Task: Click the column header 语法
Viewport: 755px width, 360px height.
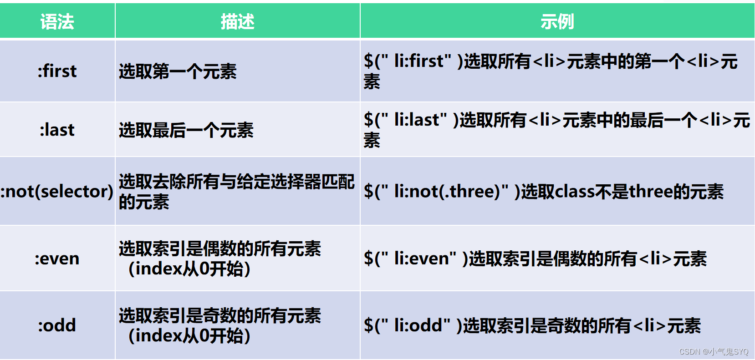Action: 57,21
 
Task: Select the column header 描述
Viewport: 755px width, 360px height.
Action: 237,21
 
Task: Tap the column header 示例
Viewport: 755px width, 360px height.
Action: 557,21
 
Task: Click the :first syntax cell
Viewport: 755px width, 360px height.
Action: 57,71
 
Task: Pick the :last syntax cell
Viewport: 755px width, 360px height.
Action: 57,130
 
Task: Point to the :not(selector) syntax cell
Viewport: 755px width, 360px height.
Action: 57,191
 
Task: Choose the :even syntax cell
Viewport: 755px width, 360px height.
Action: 57,259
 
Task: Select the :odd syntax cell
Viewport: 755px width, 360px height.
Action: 57,325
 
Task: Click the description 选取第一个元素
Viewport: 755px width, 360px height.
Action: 178,71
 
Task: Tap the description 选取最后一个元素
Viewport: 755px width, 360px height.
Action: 186,130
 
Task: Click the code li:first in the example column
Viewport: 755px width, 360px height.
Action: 418,61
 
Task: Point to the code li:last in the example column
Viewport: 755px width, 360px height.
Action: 416,120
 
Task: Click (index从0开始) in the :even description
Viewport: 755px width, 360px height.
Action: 189,269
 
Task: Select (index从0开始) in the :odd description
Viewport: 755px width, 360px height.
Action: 189,336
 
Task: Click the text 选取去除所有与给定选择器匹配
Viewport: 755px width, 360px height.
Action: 236,182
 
